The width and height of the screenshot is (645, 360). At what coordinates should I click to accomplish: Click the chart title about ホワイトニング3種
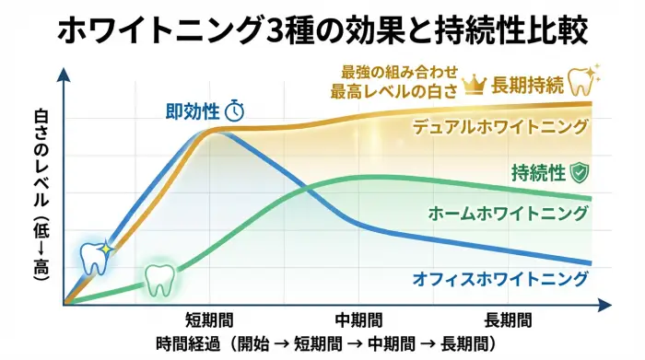pyautogui.click(x=323, y=31)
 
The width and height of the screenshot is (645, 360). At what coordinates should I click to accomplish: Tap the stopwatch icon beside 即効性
pyautogui.click(x=235, y=111)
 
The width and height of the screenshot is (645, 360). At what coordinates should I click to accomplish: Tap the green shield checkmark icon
pyautogui.click(x=580, y=172)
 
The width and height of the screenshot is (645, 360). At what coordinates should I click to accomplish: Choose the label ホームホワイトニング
pyautogui.click(x=509, y=214)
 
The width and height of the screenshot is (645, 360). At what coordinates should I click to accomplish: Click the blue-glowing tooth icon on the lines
pyautogui.click(x=94, y=258)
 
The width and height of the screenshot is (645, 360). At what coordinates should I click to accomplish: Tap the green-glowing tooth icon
pyautogui.click(x=158, y=278)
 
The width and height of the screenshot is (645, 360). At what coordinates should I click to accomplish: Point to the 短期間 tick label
pyautogui.click(x=209, y=319)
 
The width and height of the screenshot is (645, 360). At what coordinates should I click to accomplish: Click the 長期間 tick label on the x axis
pyautogui.click(x=508, y=319)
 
